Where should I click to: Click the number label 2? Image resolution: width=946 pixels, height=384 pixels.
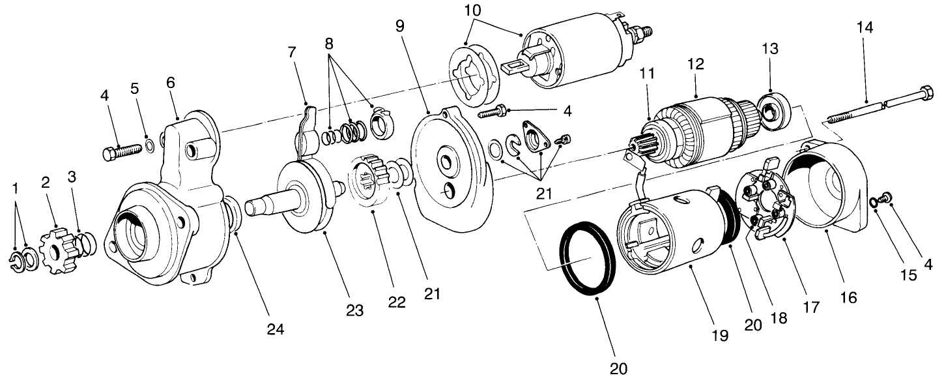click(46, 183)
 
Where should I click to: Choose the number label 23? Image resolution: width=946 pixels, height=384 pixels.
click(354, 311)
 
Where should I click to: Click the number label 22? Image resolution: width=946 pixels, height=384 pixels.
click(397, 302)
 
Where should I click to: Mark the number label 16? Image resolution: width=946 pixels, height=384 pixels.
click(848, 297)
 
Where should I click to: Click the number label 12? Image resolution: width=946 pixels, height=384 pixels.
click(695, 65)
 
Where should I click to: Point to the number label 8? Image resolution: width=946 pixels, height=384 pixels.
click(328, 45)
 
